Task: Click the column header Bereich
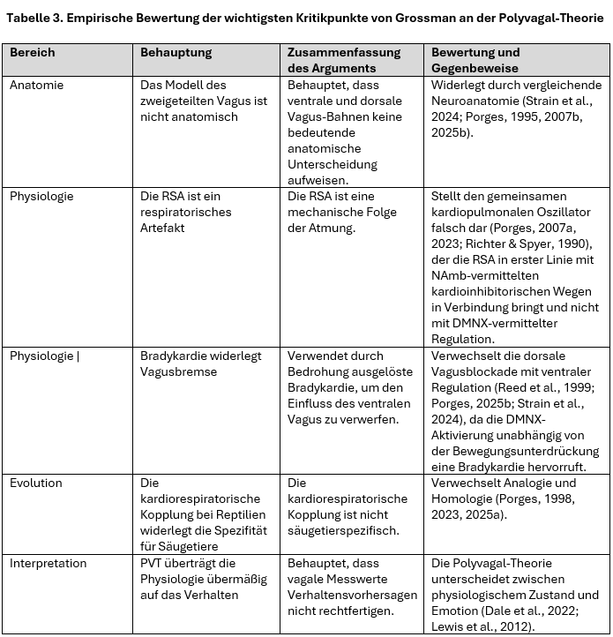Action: (x=32, y=53)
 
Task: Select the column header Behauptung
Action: (x=176, y=53)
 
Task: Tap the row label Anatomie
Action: (x=36, y=86)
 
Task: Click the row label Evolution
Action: (x=36, y=483)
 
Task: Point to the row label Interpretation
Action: (x=49, y=563)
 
